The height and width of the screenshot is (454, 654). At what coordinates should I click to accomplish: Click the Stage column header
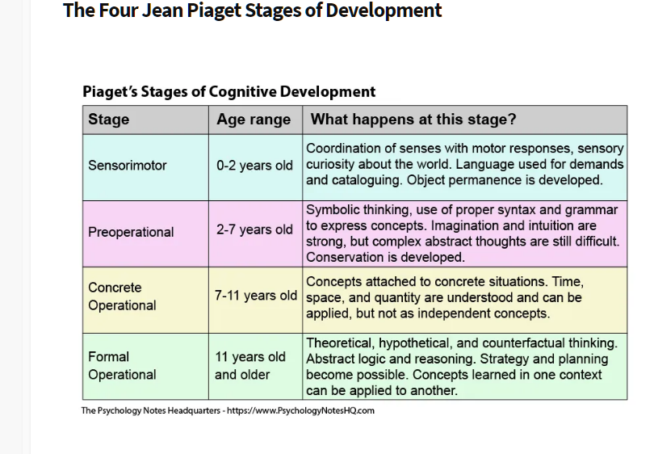[145, 120]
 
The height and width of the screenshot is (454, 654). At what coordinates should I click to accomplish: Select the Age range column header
[255, 120]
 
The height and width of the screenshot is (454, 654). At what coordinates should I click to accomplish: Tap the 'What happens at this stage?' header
[464, 120]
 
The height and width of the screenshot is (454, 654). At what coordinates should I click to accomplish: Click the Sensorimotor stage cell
[145, 167]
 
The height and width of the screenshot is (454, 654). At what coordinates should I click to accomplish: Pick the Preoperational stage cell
[145, 233]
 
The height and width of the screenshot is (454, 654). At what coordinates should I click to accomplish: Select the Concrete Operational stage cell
[145, 300]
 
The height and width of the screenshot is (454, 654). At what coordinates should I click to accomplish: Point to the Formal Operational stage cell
[145, 367]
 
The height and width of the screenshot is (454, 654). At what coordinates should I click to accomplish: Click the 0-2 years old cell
[255, 167]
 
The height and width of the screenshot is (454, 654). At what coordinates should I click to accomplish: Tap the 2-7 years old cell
[255, 233]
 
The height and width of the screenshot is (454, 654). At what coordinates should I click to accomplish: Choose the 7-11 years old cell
[255, 300]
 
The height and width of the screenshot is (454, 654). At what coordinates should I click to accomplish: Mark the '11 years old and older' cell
[255, 367]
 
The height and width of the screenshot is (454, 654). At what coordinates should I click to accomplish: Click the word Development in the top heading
[384, 11]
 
